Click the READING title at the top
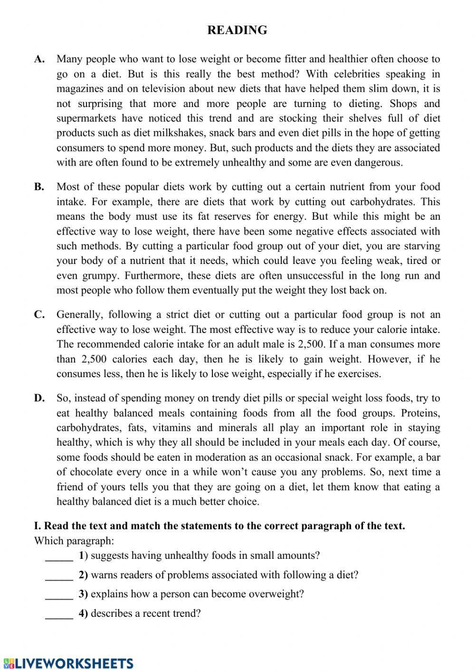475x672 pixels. [x=237, y=30]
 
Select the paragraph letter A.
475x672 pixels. [x=39, y=59]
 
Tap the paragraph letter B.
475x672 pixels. [x=39, y=187]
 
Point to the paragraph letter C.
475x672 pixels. [x=39, y=314]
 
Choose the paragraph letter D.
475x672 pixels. [x=39, y=398]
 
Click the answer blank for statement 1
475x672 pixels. [x=59, y=556]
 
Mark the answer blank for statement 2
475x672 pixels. [x=59, y=576]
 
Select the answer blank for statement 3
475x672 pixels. [x=59, y=595]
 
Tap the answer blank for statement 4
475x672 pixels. [x=59, y=614]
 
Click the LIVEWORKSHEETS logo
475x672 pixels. [x=67, y=663]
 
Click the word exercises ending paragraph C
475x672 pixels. [x=358, y=374]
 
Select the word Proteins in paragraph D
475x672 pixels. [x=420, y=413]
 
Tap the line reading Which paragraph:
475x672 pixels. [x=74, y=541]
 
